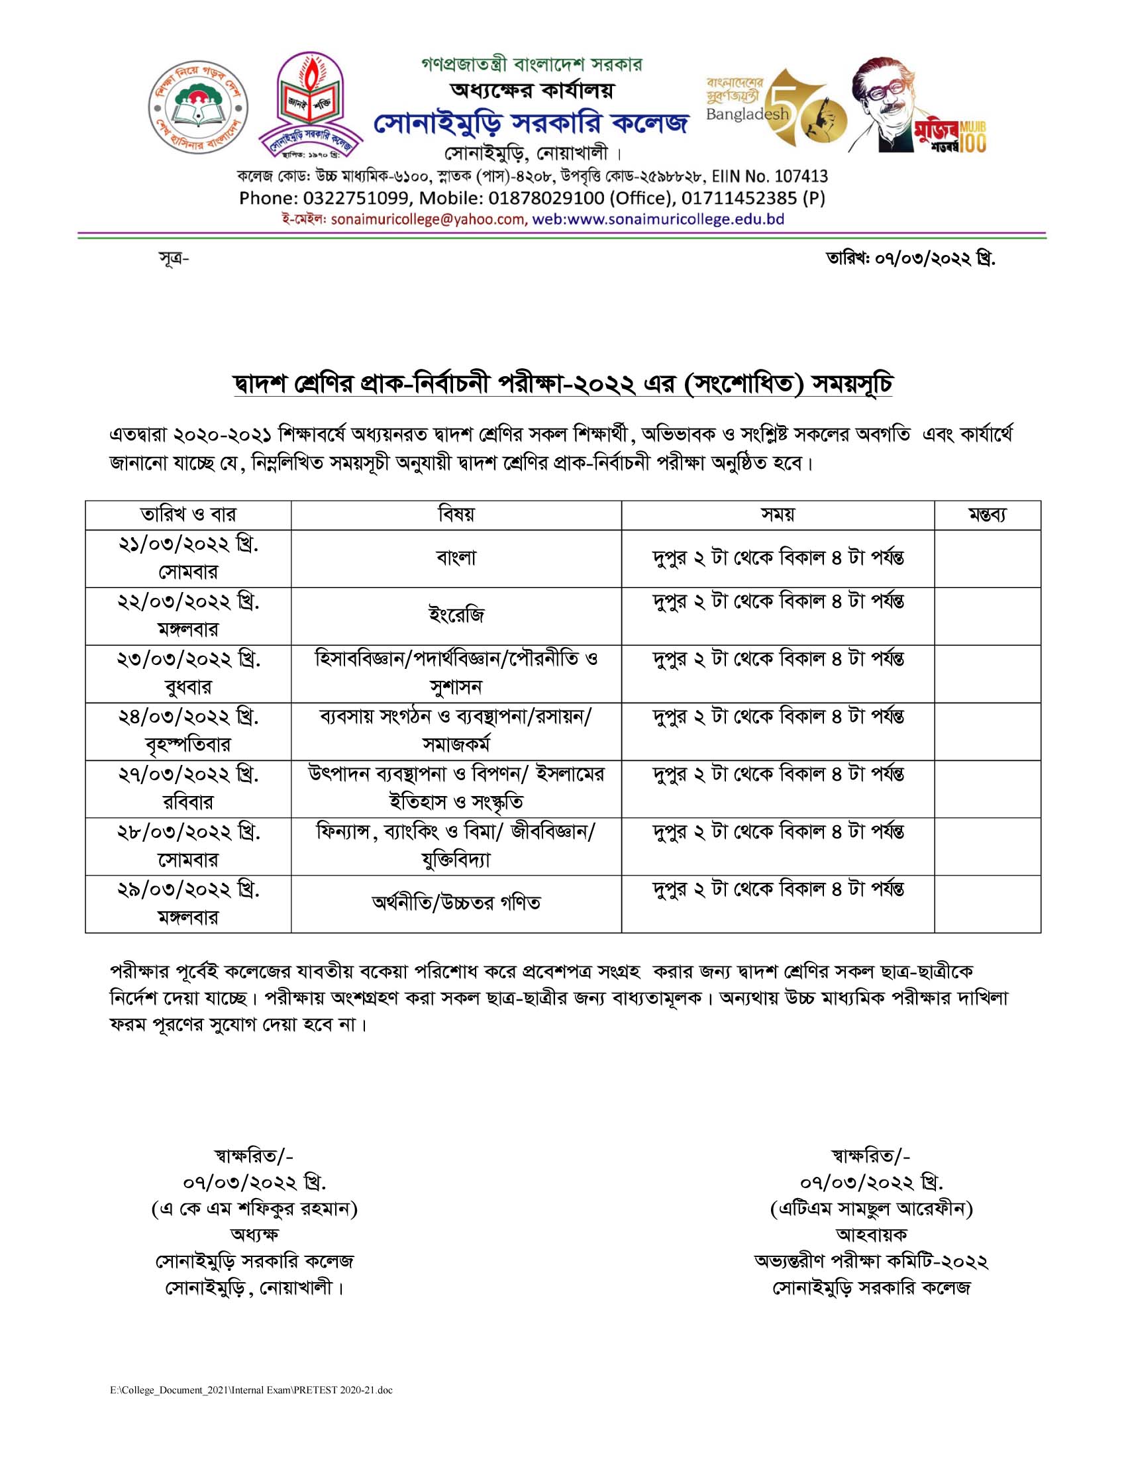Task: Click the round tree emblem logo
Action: point(197,107)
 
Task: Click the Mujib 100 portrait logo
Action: point(917,105)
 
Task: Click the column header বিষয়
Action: point(456,515)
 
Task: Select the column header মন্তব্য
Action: point(987,515)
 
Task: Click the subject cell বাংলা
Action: point(456,558)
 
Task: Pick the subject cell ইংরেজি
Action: point(456,615)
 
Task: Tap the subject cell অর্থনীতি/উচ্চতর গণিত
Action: point(456,903)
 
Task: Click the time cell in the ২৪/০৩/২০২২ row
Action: point(778,717)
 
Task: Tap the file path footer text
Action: point(252,1389)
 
